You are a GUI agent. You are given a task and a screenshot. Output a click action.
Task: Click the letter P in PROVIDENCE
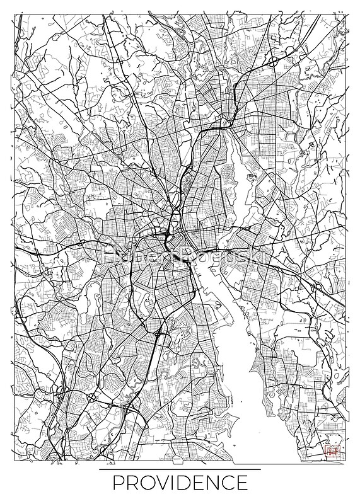[117, 484]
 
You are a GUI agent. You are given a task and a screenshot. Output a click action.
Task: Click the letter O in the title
[145, 484]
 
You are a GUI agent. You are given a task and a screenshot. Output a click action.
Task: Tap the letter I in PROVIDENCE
[172, 484]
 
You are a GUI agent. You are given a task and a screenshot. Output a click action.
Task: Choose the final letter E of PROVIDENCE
[243, 484]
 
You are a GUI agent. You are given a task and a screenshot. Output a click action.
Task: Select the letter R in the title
[131, 484]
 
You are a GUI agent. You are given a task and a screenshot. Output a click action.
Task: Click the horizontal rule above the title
[180, 470]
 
